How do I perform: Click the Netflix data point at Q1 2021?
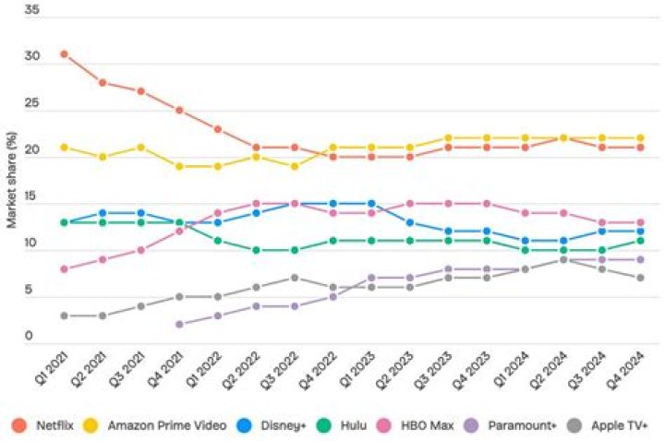pyautogui.click(x=64, y=54)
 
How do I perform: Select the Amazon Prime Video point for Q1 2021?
pyautogui.click(x=64, y=148)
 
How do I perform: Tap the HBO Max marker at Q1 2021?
pyautogui.click(x=64, y=269)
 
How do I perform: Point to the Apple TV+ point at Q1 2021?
pyautogui.click(x=64, y=316)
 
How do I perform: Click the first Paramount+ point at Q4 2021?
pyautogui.click(x=179, y=325)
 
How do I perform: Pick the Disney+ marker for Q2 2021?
pyautogui.click(x=103, y=213)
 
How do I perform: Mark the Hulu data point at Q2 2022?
pyautogui.click(x=256, y=250)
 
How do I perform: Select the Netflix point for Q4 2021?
pyautogui.click(x=179, y=111)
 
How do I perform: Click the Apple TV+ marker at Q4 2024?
pyautogui.click(x=639, y=279)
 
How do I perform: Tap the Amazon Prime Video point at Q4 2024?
pyautogui.click(x=639, y=138)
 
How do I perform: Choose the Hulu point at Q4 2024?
pyautogui.click(x=639, y=241)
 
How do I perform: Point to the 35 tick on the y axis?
pyautogui.click(x=32, y=9)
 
